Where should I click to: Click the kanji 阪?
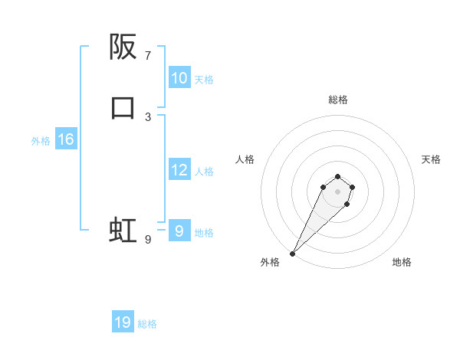click(123, 48)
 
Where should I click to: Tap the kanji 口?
click(123, 108)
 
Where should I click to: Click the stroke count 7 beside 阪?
click(148, 56)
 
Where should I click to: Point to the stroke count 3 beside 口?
click(148, 116)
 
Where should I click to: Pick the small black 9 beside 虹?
click(148, 240)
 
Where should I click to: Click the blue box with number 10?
click(179, 78)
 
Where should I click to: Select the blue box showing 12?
click(179, 170)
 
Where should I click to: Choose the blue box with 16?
click(65, 139)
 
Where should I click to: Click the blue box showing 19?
click(123, 322)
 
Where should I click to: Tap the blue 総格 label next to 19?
click(147, 324)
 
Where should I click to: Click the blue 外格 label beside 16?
click(41, 141)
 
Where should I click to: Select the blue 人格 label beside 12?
click(204, 172)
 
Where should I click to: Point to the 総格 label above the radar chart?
click(337, 100)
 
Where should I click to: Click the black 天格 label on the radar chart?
click(431, 159)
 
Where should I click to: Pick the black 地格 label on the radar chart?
click(402, 262)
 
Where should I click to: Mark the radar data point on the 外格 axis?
click(292, 253)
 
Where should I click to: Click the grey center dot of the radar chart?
click(337, 191)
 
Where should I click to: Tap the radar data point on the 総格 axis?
click(337, 175)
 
